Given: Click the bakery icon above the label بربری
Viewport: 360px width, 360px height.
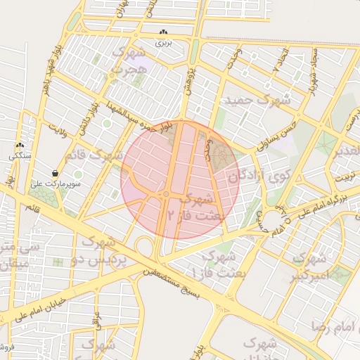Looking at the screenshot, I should coord(163,32).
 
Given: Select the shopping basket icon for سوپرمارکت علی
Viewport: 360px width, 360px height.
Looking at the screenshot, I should coord(55,173).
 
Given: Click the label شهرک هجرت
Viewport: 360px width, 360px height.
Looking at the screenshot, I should coord(129,62).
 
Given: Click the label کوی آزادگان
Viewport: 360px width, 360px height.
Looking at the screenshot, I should coord(250,174).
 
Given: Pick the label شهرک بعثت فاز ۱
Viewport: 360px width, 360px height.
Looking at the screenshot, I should coord(218,264).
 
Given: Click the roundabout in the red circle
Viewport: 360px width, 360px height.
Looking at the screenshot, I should coord(167,195).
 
